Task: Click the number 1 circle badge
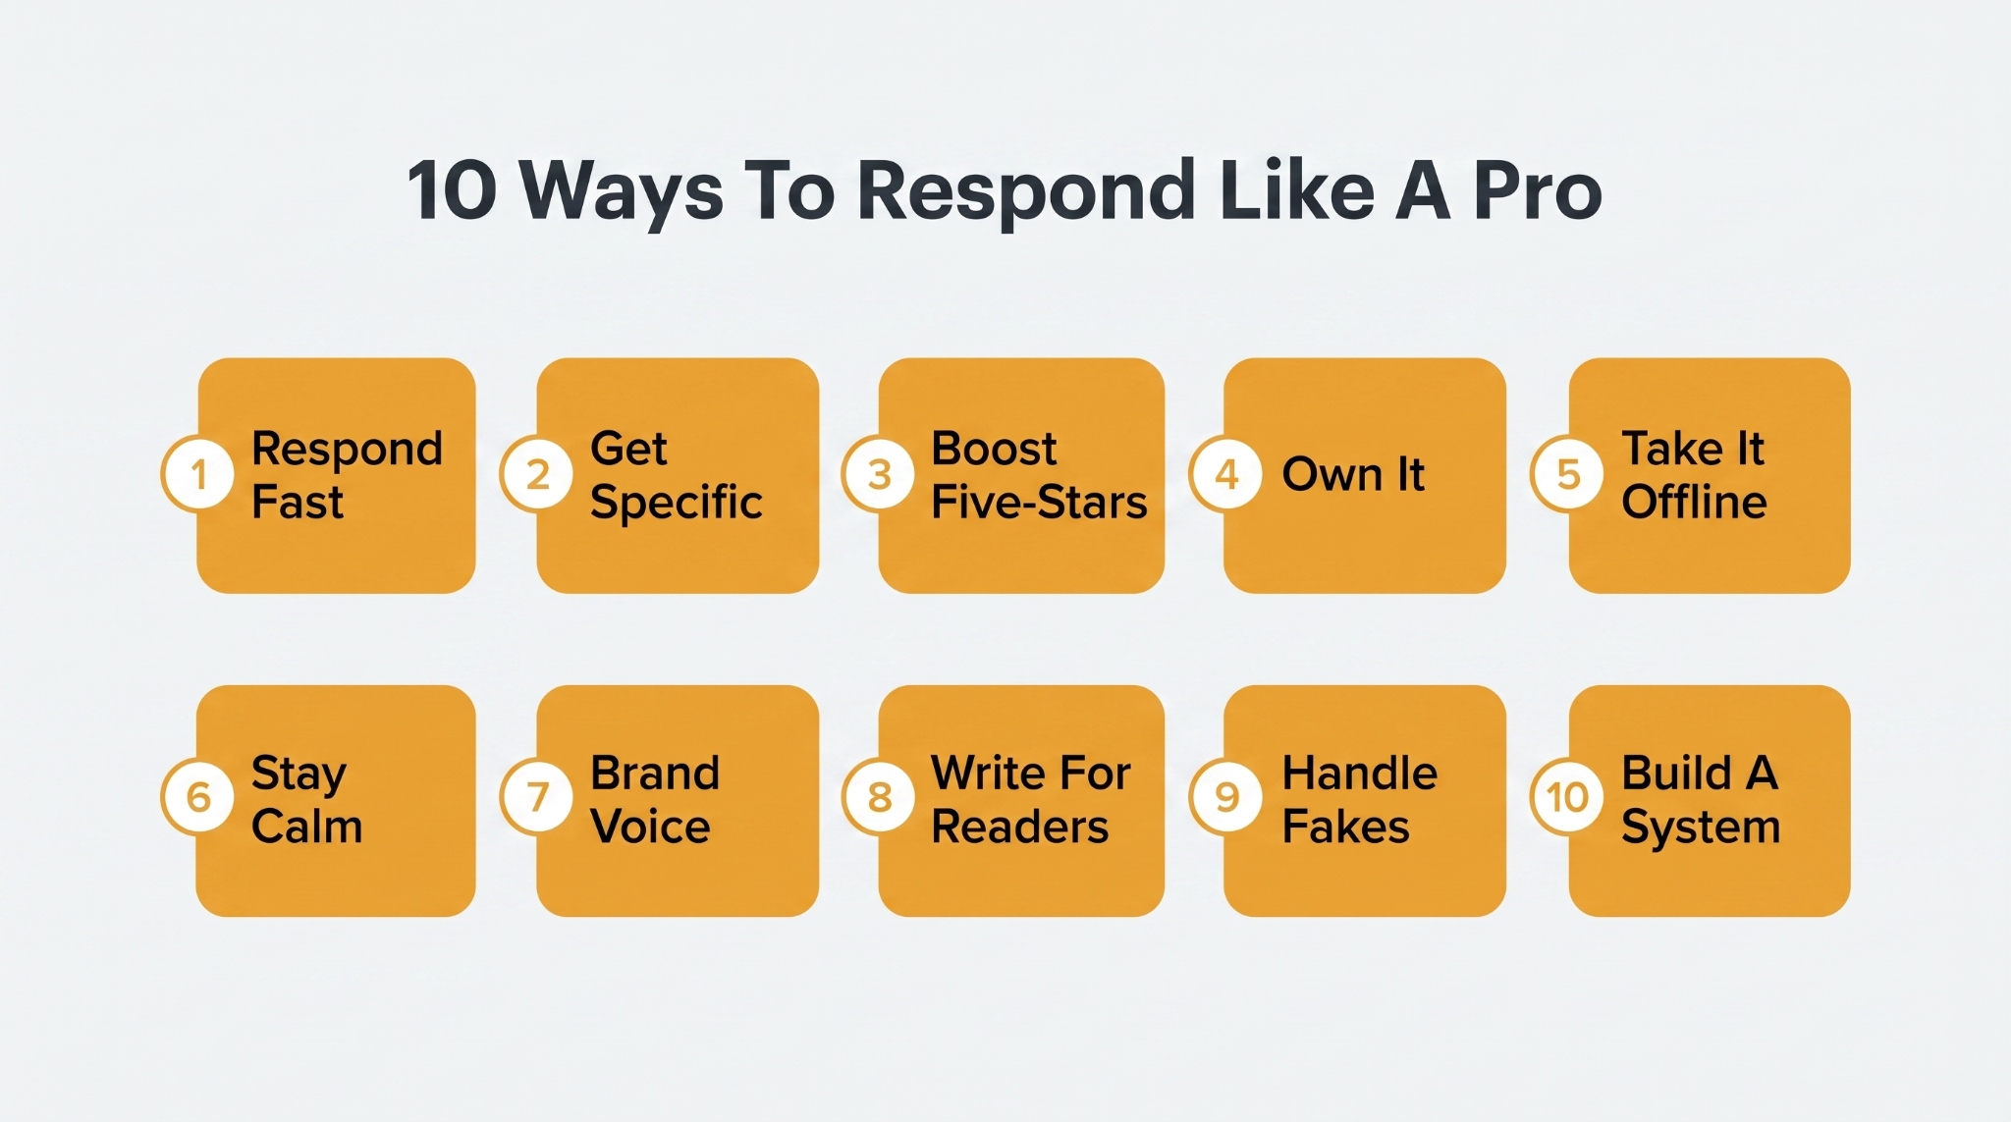pos(198,474)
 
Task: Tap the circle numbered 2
pos(537,474)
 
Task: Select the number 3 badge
pos(879,474)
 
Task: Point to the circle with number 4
pos(1226,474)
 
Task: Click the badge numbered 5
pos(1568,474)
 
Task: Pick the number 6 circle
pos(198,797)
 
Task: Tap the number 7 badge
pos(537,797)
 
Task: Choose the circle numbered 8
pos(879,797)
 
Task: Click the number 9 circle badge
pos(1226,797)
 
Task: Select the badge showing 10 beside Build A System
pos(1568,797)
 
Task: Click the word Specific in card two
pos(676,504)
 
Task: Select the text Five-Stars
pos(1039,502)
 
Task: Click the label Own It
pos(1353,474)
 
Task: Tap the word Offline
pos(1694,502)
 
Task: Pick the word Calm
pos(307,826)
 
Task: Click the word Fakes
pos(1345,826)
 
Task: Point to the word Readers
pos(1019,826)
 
